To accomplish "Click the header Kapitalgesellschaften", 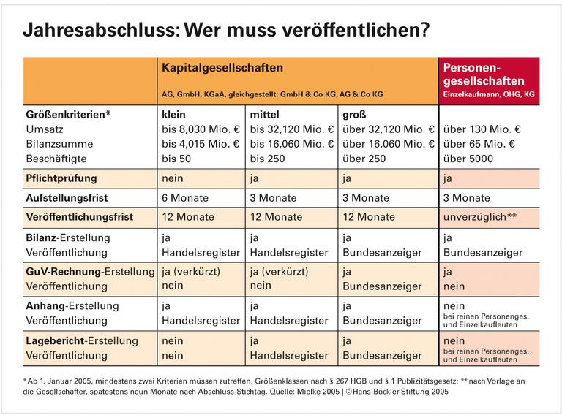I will pyautogui.click(x=222, y=68).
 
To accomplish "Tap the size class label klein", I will pyautogui.click(x=173, y=115).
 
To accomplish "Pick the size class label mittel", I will pyautogui.click(x=265, y=115).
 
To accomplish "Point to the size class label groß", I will pyautogui.click(x=356, y=115).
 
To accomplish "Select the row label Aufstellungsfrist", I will pyautogui.click(x=67, y=197).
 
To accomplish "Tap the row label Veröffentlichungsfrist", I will pyautogui.click(x=80, y=217).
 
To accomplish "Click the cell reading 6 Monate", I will pyautogui.click(x=185, y=197).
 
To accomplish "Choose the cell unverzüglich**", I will pyautogui.click(x=482, y=217).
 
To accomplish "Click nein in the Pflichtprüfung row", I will pyautogui.click(x=173, y=178).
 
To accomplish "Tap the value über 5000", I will pyautogui.click(x=468, y=159).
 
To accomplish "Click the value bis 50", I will pyautogui.click(x=177, y=159).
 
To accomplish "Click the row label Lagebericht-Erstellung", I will pyautogui.click(x=81, y=340).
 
